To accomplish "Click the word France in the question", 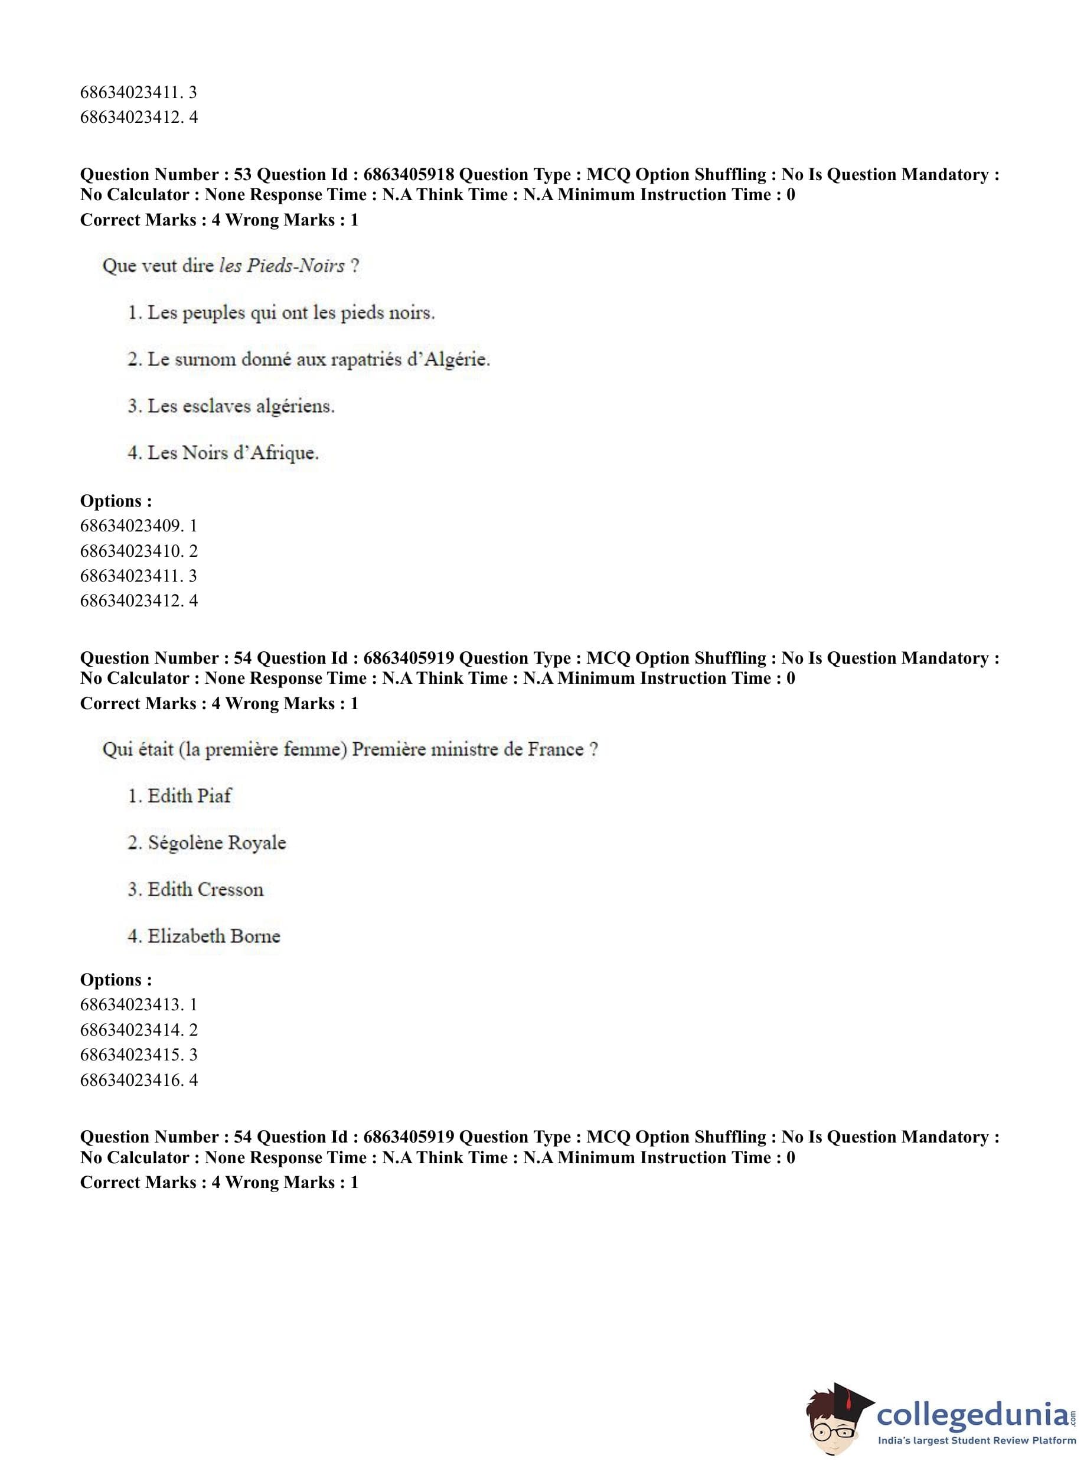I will click(x=555, y=749).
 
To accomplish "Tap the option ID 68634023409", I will click(x=131, y=526).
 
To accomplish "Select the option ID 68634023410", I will click(x=131, y=550).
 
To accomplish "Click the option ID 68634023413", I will click(x=131, y=1004).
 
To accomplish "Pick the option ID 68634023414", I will click(x=131, y=1030).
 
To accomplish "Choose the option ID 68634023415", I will click(x=131, y=1055).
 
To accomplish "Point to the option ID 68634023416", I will click(x=131, y=1080).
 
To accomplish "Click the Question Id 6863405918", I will click(x=408, y=175).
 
